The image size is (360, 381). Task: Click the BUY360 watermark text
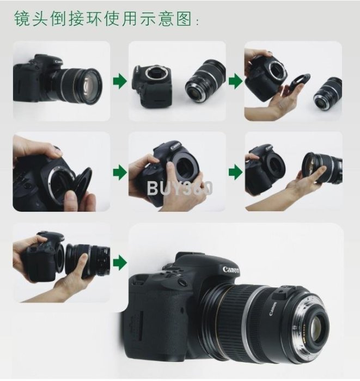point(180,188)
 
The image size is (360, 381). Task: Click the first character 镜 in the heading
point(22,18)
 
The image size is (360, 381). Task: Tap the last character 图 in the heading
point(184,18)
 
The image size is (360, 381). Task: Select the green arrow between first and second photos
point(120,81)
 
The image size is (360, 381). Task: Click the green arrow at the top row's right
point(235,81)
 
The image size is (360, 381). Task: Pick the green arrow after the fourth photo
point(120,173)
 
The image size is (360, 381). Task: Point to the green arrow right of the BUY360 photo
point(235,173)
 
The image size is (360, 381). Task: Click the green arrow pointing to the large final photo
point(120,263)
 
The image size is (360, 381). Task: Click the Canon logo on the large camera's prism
point(231,270)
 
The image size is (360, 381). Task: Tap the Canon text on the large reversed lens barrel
point(273,309)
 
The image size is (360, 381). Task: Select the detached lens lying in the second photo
point(205,81)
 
